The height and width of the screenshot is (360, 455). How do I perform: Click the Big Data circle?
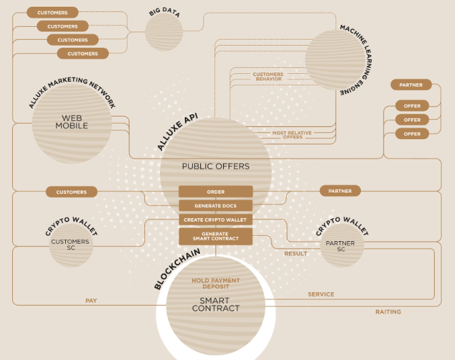pos(164,32)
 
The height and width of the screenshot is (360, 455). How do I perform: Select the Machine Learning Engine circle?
pos(335,60)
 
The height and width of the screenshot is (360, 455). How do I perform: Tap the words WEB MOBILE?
pos(72,122)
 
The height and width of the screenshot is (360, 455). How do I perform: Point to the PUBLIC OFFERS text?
pos(216,166)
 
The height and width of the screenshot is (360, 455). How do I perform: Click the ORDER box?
pos(216,191)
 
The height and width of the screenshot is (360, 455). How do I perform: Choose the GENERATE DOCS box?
pos(216,206)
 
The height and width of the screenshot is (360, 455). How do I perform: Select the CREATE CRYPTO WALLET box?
pos(216,220)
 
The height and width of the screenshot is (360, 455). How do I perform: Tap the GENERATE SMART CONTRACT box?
pos(216,236)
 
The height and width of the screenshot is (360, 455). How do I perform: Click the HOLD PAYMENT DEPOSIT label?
pos(216,283)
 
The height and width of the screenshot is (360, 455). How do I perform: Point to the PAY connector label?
pos(91,301)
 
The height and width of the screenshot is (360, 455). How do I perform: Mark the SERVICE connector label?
pos(321,294)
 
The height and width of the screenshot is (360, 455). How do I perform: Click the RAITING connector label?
pos(388,312)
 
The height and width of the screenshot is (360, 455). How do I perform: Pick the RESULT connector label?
pos(296,254)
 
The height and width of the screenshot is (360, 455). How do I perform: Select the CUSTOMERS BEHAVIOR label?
pos(268,77)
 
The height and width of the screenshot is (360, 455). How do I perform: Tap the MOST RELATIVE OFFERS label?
pos(292,135)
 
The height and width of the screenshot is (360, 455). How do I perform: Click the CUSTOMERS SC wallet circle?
pos(71,245)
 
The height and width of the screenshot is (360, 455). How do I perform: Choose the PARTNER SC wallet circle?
pos(342,245)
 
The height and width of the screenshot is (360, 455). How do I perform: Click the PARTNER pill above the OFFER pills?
pos(411,85)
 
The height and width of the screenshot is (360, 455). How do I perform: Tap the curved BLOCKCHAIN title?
pos(177,269)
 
